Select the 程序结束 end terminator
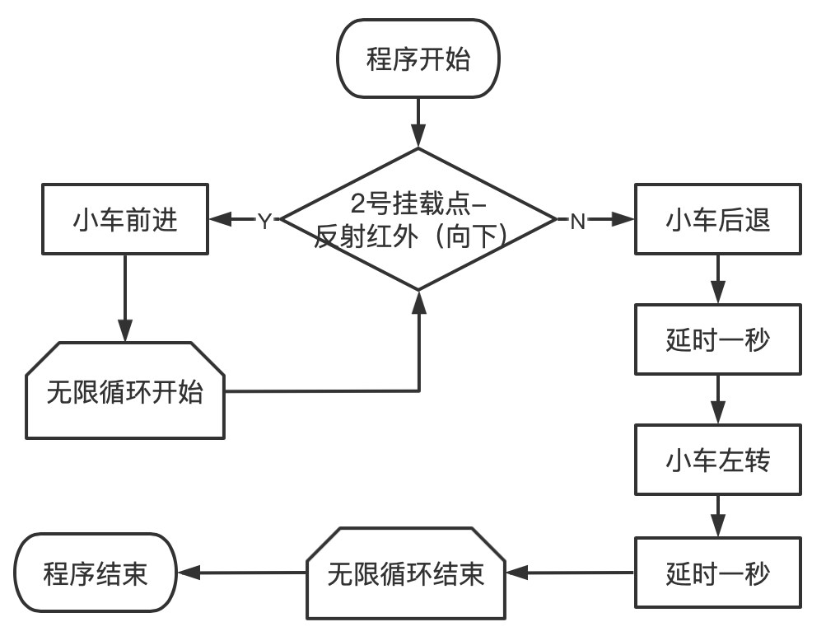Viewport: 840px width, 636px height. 96,573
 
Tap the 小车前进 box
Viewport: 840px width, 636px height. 125,220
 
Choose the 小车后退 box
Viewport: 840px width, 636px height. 718,220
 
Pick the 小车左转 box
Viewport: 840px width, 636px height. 718,460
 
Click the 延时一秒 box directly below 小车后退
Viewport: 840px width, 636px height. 718,339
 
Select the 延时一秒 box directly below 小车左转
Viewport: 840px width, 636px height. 718,573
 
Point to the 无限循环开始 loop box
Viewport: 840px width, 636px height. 125,391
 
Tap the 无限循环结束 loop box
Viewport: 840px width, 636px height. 405,573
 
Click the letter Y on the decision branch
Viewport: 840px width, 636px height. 264,221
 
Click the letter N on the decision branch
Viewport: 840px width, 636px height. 578,221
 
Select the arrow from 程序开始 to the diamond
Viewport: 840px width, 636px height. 418,122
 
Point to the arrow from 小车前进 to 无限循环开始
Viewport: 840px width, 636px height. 125,297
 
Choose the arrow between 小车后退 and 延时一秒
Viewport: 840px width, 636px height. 718,278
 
